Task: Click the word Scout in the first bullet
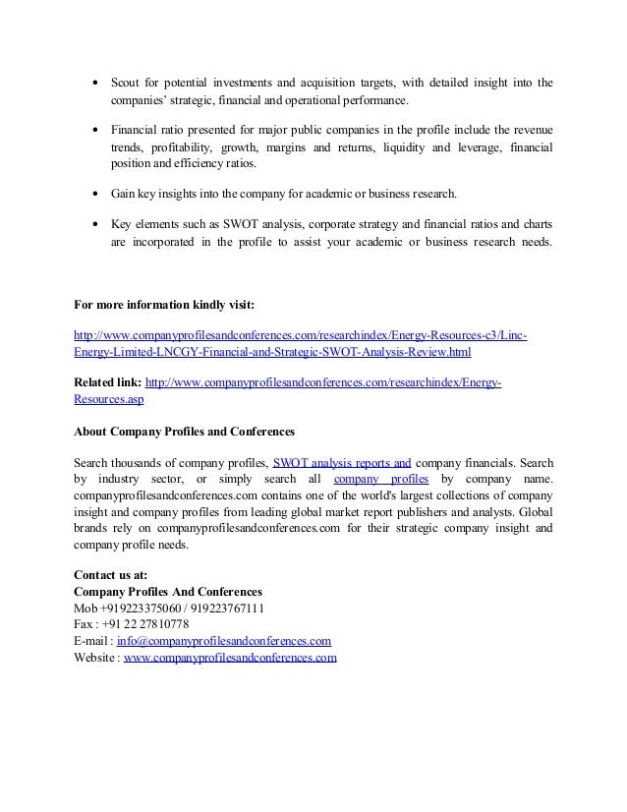(125, 83)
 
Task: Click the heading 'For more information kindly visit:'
(164, 304)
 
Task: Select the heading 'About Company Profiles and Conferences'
(184, 431)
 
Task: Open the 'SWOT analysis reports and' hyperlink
(342, 462)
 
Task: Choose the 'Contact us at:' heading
(115, 574)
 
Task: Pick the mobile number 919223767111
(228, 608)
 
